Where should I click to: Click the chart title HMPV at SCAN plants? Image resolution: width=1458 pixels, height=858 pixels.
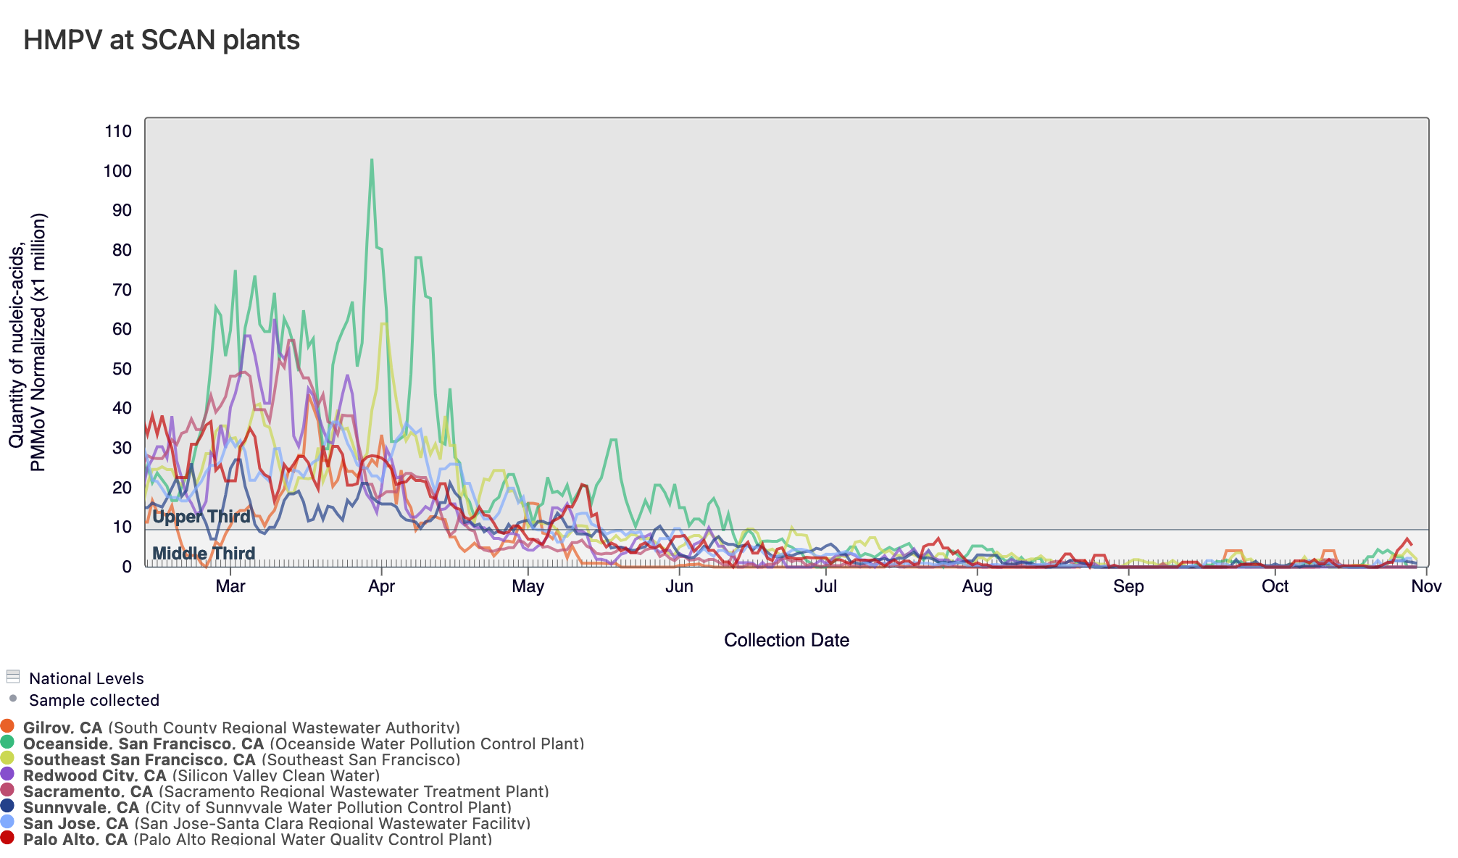pyautogui.click(x=162, y=40)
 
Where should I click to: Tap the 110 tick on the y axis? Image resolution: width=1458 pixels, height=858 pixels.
pyautogui.click(x=118, y=131)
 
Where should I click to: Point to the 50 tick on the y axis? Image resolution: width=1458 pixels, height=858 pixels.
pyautogui.click(x=118, y=369)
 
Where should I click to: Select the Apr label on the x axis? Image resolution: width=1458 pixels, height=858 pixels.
pyautogui.click(x=381, y=586)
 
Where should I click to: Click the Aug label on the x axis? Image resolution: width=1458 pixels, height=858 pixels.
pyautogui.click(x=977, y=586)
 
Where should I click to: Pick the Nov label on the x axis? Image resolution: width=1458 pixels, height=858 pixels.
pyautogui.click(x=1425, y=586)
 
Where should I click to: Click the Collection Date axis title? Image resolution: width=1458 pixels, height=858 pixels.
pyautogui.click(x=786, y=640)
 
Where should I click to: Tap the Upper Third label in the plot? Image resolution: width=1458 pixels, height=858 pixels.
pyautogui.click(x=201, y=517)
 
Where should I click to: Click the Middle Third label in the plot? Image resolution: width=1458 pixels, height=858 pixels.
pyautogui.click(x=204, y=554)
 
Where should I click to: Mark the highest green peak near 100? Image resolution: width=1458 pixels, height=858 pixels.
pyautogui.click(x=372, y=160)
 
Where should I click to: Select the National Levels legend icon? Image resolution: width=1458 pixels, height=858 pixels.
pyautogui.click(x=12, y=677)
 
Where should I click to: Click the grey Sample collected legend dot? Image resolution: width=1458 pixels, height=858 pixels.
pyautogui.click(x=12, y=699)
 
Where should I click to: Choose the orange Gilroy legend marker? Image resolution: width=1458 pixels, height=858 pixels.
pyautogui.click(x=7, y=726)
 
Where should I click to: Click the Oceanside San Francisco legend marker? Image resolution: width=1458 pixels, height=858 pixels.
pyautogui.click(x=7, y=742)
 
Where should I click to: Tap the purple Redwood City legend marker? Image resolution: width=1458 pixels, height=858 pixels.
pyautogui.click(x=7, y=774)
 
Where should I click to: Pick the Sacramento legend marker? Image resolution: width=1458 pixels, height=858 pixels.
pyautogui.click(x=7, y=790)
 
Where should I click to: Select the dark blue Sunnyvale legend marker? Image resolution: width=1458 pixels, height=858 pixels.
pyautogui.click(x=7, y=806)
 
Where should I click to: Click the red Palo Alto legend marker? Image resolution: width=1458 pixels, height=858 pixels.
pyautogui.click(x=7, y=838)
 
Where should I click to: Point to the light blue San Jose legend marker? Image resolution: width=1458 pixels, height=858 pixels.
pyautogui.click(x=7, y=822)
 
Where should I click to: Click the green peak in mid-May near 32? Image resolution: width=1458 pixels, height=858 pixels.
pyautogui.click(x=614, y=440)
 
